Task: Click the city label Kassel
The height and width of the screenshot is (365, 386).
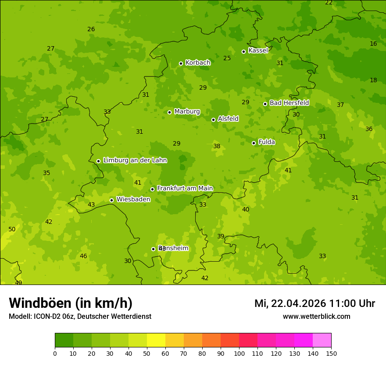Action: point(258,51)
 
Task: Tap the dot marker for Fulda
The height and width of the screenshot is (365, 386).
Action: point(254,143)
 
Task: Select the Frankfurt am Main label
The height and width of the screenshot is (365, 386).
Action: point(185,188)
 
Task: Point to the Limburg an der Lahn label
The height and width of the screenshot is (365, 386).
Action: point(135,160)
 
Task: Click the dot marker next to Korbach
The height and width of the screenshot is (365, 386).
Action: point(181,63)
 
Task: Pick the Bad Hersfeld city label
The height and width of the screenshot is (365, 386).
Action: point(289,103)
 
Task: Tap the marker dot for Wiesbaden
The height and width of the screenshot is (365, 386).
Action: point(111,200)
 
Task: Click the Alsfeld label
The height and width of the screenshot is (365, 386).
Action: point(228,119)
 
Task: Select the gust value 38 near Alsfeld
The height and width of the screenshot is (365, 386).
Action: point(217,146)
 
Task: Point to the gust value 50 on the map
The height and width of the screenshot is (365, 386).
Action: point(12,230)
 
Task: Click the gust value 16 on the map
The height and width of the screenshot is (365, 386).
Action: point(373,44)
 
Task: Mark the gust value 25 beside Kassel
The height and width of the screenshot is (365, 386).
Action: point(227,58)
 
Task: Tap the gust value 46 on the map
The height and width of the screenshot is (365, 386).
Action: point(83,256)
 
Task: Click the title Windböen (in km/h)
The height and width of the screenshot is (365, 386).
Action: point(71,303)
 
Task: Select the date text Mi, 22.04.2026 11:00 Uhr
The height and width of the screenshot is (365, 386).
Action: point(315,303)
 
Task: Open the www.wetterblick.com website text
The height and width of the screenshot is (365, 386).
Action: point(316,316)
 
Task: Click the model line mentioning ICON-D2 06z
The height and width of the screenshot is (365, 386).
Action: point(80,316)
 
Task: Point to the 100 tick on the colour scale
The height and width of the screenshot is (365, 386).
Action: point(239,353)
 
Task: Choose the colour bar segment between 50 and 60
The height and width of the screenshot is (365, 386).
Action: point(156,340)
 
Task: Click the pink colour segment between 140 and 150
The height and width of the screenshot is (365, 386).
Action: point(322,340)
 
